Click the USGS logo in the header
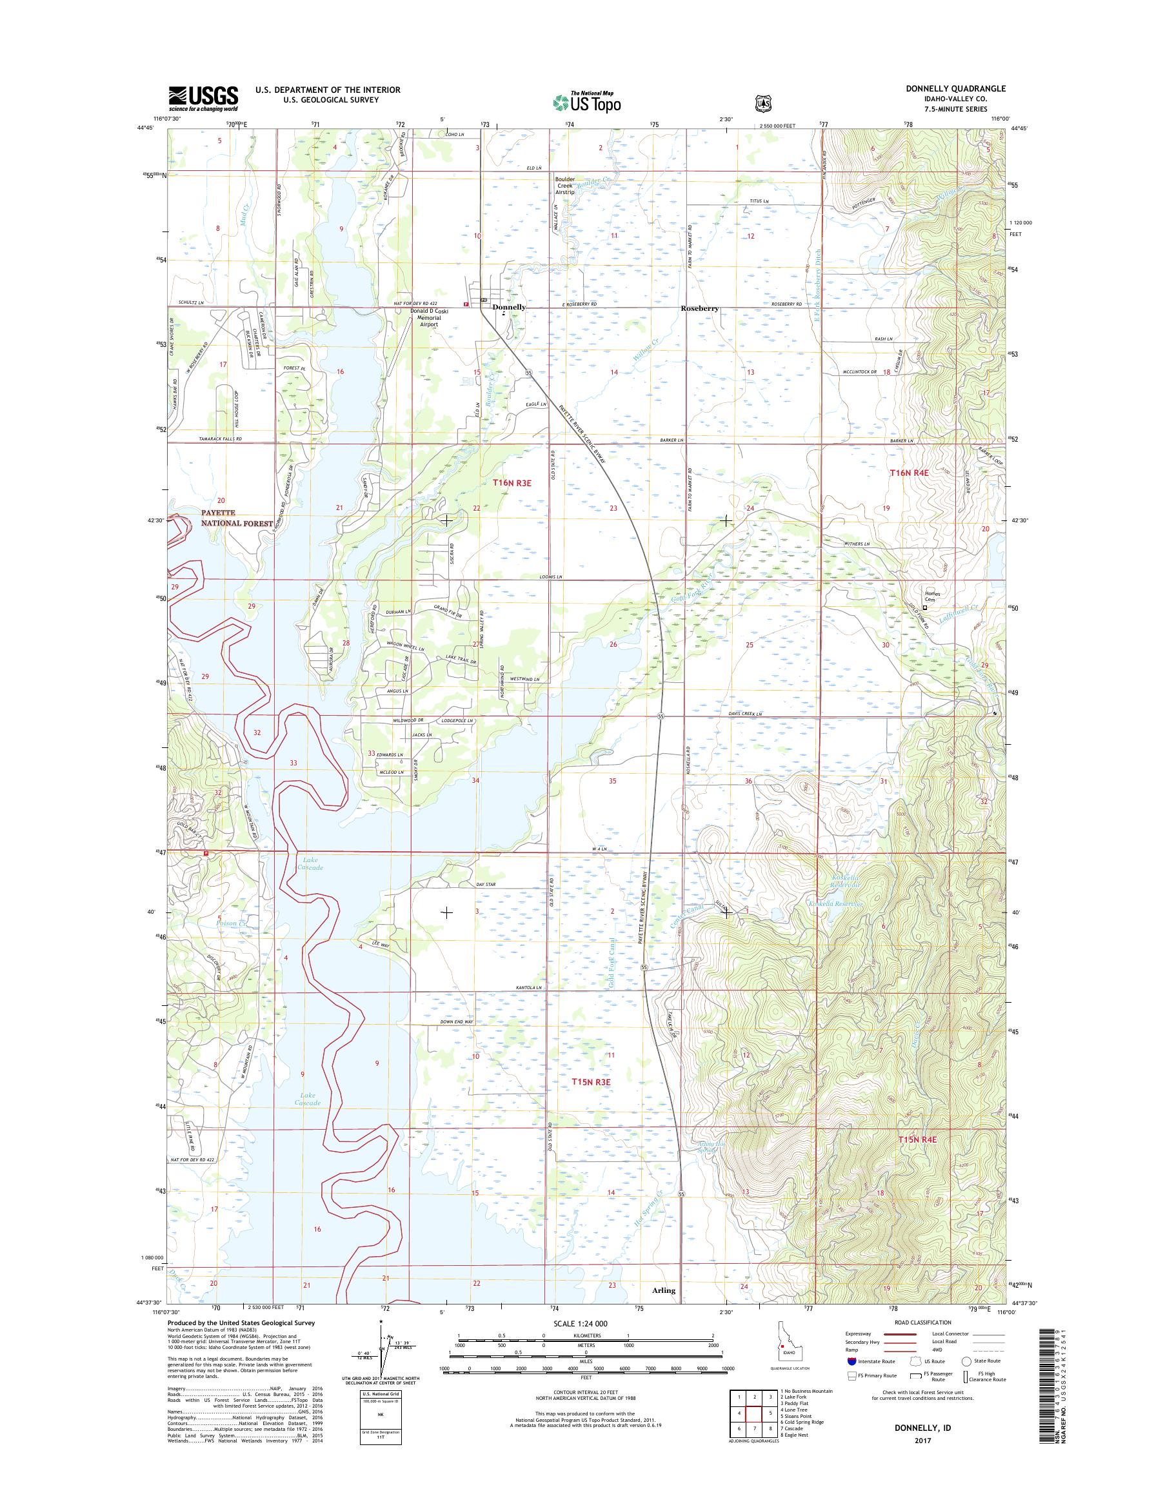203,98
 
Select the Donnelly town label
509,307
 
